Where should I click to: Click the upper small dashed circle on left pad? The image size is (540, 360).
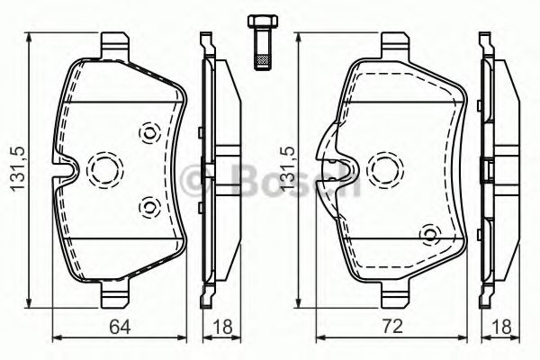[148, 133]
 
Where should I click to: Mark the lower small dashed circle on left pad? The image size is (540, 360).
[148, 207]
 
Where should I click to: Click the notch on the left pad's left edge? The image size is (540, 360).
[62, 168]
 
